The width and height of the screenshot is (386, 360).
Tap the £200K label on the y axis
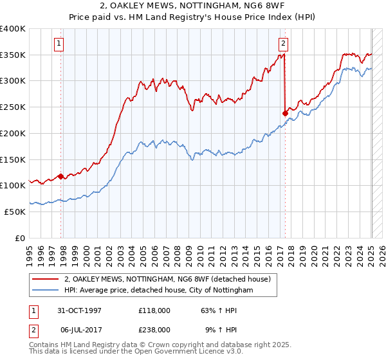click(x=13, y=133)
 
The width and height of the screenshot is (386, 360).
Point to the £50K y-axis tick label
click(x=15, y=211)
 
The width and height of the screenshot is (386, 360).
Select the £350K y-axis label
click(x=13, y=55)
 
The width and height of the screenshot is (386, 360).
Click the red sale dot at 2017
click(x=285, y=113)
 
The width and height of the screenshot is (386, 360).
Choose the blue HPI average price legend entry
click(x=158, y=291)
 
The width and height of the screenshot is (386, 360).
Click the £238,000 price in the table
click(x=154, y=329)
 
